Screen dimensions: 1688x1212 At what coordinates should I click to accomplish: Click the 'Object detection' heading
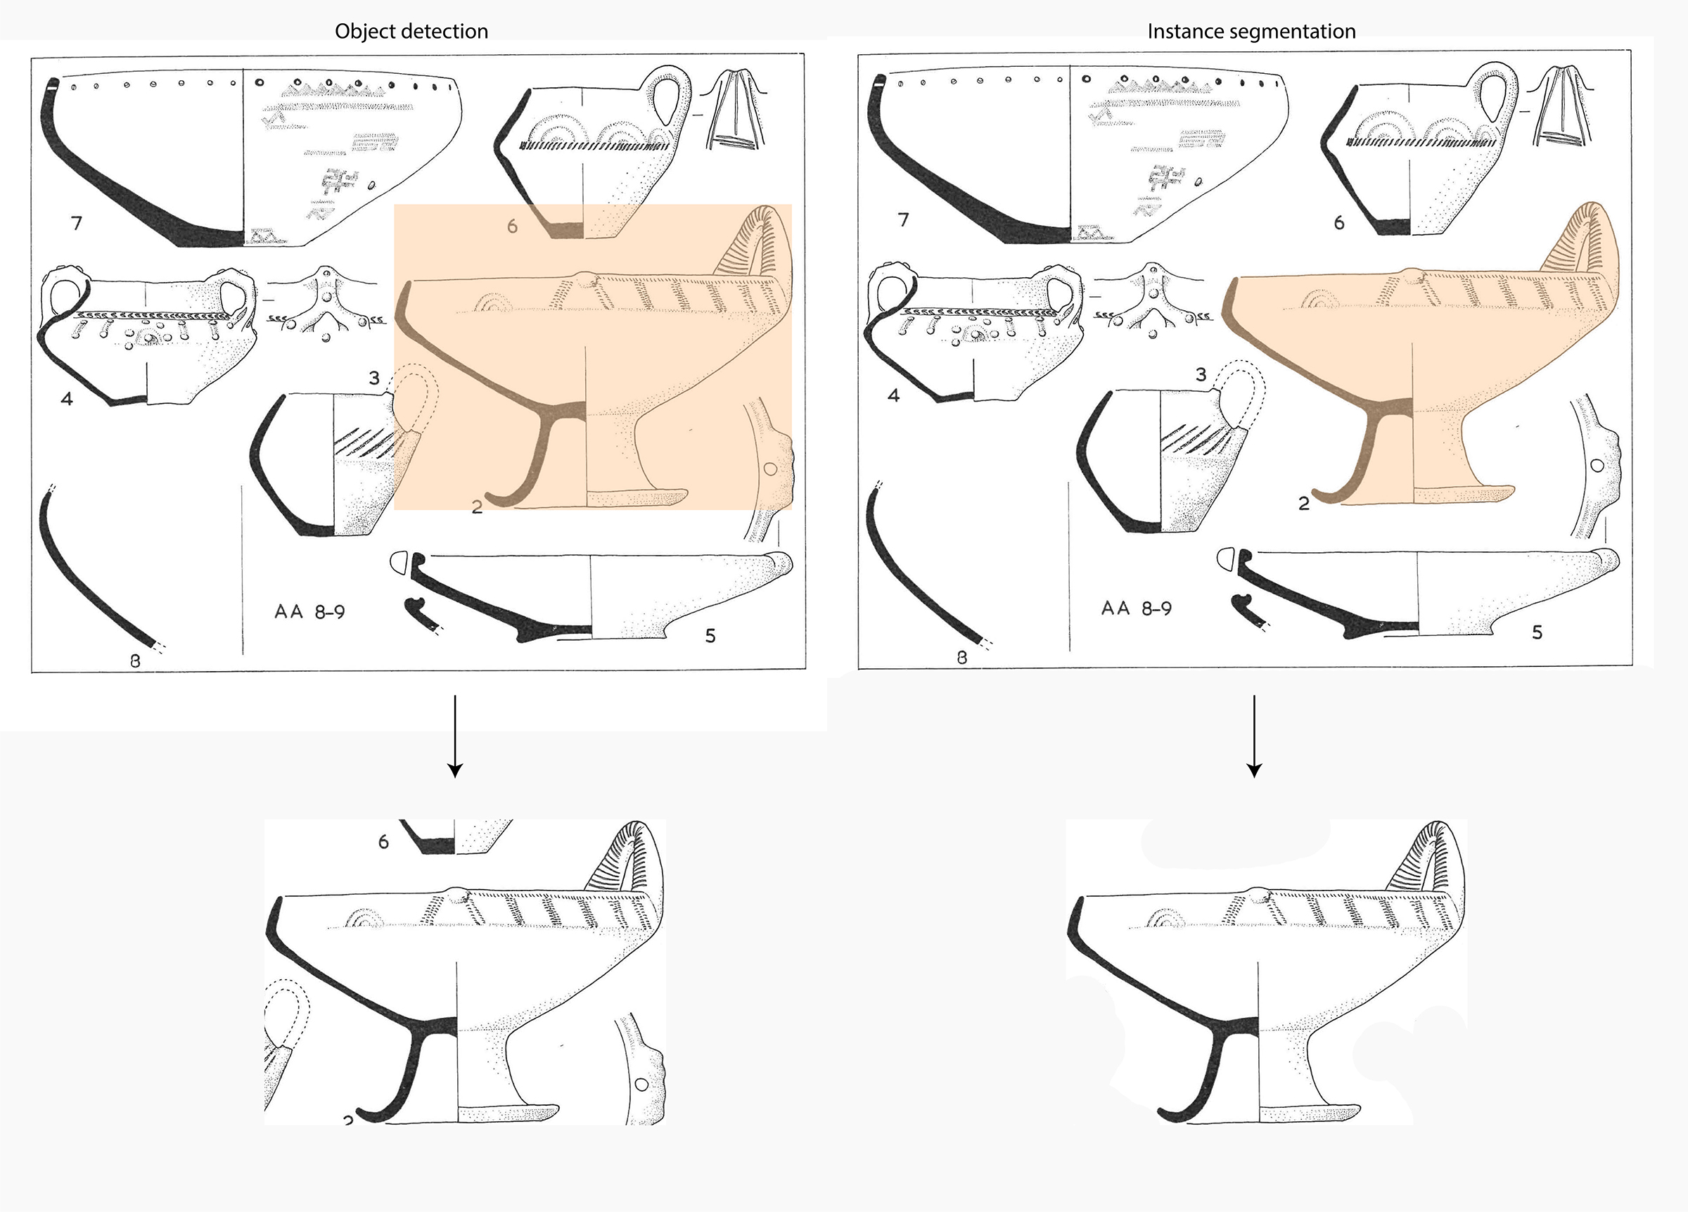(411, 31)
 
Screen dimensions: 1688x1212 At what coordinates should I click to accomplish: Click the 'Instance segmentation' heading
(1251, 31)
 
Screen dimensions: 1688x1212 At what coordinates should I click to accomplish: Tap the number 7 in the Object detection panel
(77, 222)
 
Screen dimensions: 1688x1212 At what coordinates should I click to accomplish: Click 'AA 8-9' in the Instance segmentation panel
(1137, 608)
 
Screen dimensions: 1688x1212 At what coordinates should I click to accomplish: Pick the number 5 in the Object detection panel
(710, 635)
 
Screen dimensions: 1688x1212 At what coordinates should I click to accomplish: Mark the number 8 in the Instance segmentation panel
(961, 658)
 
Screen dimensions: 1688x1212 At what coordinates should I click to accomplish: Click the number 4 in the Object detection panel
(67, 398)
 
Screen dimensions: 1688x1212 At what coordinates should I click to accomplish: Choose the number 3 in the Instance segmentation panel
(1201, 374)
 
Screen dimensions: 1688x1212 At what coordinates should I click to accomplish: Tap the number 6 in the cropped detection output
(383, 842)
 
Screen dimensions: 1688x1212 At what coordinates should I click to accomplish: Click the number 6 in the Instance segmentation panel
(1339, 222)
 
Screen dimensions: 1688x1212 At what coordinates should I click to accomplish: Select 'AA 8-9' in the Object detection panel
(309, 612)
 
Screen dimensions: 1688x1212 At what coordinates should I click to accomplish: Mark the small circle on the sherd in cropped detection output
(642, 1085)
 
